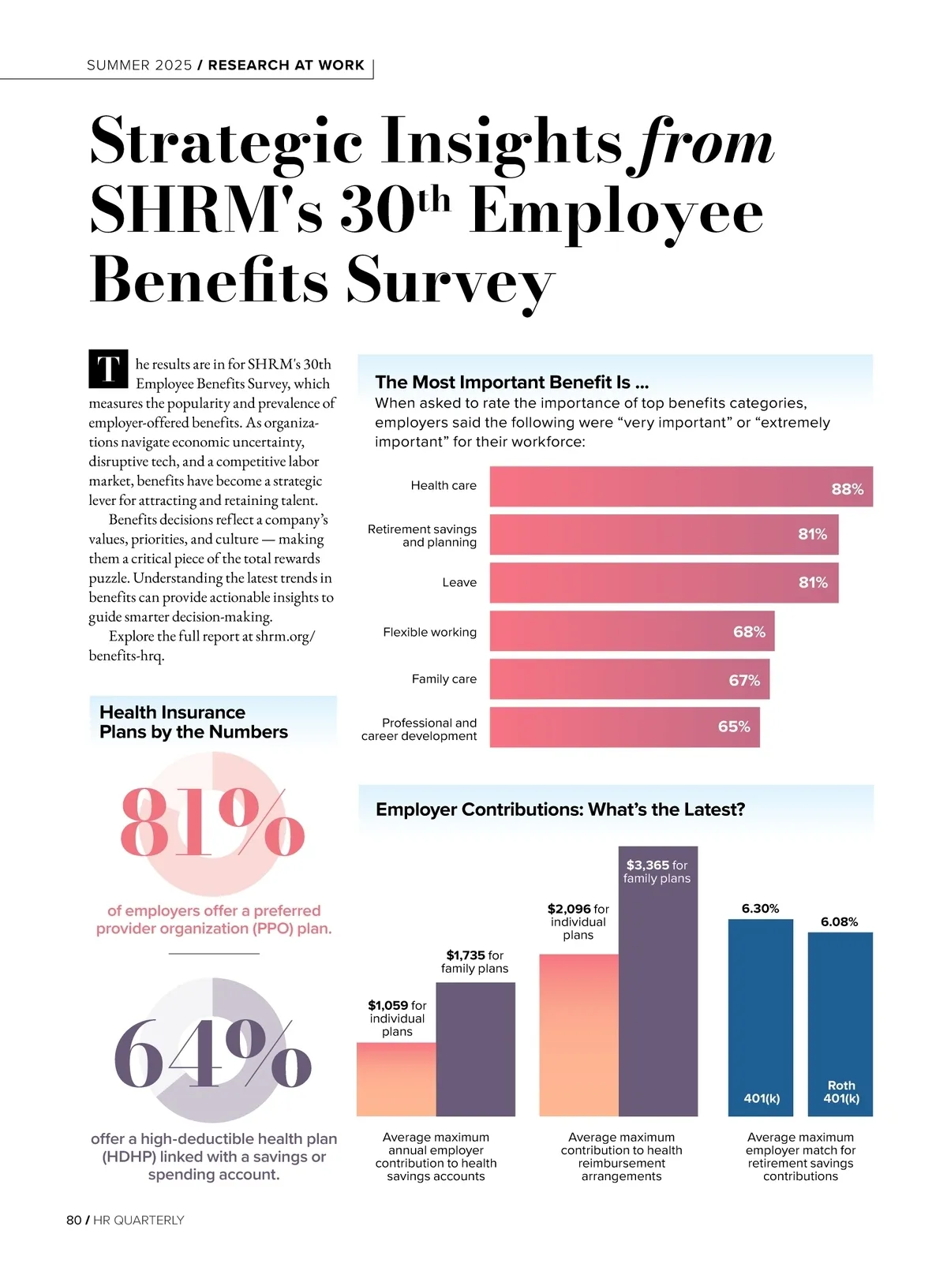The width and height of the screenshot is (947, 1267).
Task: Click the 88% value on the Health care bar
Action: coord(847,489)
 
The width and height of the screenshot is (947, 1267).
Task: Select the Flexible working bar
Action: coord(631,631)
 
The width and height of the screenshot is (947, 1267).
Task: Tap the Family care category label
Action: coord(444,678)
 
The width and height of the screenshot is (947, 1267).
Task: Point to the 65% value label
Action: coord(734,727)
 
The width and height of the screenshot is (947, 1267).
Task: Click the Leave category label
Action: coord(459,582)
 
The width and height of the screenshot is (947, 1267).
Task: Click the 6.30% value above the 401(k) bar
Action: coord(760,909)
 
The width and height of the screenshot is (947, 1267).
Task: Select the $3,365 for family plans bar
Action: coord(658,994)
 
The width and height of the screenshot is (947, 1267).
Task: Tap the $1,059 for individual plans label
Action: coord(397,1018)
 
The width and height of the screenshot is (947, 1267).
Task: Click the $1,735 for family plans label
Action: coord(474,962)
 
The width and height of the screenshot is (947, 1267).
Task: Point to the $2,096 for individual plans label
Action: coord(578,921)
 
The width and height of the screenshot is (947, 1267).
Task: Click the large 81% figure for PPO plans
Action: coord(211,822)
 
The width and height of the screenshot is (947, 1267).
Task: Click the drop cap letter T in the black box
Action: coord(108,368)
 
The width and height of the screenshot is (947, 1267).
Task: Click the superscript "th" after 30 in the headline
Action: coord(433,200)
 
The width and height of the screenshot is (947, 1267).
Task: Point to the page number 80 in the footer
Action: coord(73,1220)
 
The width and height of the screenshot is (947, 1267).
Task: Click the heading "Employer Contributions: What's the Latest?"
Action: coord(560,809)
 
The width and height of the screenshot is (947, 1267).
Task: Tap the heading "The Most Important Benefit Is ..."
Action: coord(511,383)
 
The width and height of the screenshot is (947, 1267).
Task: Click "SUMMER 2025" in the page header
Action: coord(139,65)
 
